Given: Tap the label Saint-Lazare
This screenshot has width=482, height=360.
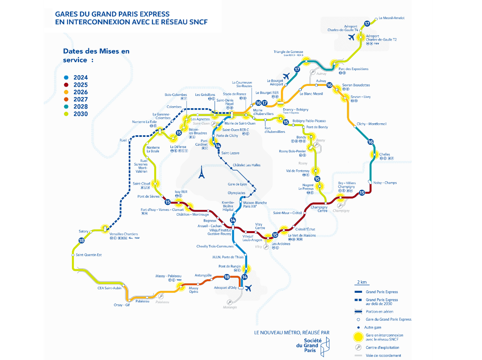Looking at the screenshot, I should pyautogui.click(x=230, y=153).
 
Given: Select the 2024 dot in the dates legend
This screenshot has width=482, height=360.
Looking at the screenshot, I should pyautogui.click(x=66, y=78).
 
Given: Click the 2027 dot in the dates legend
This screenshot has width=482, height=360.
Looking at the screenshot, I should pyautogui.click(x=66, y=99).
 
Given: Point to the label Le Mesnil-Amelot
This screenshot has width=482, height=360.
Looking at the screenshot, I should pyautogui.click(x=392, y=18).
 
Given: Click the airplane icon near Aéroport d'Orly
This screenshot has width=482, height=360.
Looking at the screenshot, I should pyautogui.click(x=249, y=288).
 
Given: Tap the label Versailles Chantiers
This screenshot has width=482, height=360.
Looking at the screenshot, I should pyautogui.click(x=124, y=234).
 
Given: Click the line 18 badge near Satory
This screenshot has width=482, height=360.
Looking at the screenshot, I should pyautogui.click(x=82, y=240).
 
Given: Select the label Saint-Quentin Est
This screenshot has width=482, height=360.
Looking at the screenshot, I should pyautogui.click(x=89, y=255).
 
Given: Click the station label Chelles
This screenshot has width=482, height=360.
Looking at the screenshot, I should pyautogui.click(x=385, y=154).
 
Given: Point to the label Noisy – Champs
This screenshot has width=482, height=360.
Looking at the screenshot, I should pyautogui.click(x=385, y=183).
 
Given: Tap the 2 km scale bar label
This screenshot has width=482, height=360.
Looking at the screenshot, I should pyautogui.click(x=362, y=282).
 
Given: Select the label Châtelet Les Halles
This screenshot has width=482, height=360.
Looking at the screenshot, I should pyautogui.click(x=247, y=165).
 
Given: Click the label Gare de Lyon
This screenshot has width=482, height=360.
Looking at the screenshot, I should pyautogui.click(x=237, y=184).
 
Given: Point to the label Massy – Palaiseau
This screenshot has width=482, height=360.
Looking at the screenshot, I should pyautogui.click(x=168, y=276).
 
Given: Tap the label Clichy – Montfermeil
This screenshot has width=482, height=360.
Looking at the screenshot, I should pyautogui.click(x=371, y=124).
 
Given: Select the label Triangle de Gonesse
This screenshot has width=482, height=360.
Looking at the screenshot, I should pyautogui.click(x=288, y=52).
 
